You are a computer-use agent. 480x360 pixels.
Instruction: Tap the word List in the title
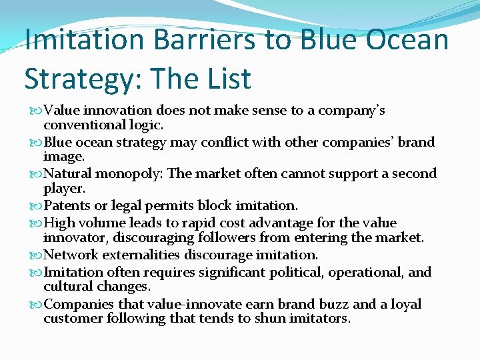pyautogui.click(x=225, y=79)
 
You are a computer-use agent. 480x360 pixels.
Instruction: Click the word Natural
pyautogui.click(x=68, y=174)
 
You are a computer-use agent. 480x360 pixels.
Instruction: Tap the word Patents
pyautogui.click(x=69, y=205)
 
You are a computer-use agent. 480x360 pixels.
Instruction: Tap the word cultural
pyautogui.click(x=67, y=286)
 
